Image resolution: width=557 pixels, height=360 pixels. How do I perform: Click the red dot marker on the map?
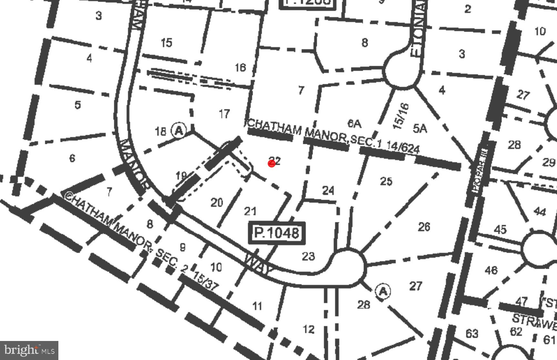(272, 164)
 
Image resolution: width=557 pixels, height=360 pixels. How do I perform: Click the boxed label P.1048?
(277, 233)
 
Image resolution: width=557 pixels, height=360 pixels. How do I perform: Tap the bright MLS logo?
(29, 350)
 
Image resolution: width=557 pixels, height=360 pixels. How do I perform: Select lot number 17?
(224, 114)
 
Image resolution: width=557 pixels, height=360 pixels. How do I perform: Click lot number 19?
(181, 176)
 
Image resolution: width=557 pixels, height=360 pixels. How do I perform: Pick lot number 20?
(217, 203)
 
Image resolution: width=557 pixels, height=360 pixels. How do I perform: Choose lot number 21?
(250, 211)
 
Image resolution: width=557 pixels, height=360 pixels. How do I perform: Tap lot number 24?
(328, 190)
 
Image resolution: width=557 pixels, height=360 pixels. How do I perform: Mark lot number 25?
(386, 181)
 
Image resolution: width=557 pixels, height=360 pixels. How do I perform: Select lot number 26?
(424, 227)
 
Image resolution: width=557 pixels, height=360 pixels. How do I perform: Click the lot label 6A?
(354, 124)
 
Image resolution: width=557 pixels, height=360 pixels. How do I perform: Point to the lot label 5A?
(420, 128)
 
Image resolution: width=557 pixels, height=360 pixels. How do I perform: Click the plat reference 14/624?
(403, 147)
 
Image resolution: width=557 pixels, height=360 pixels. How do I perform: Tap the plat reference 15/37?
(206, 281)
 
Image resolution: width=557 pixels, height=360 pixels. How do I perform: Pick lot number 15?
(166, 43)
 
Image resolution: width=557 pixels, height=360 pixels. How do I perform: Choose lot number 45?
(500, 230)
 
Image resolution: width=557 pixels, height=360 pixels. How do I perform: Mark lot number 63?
(472, 333)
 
